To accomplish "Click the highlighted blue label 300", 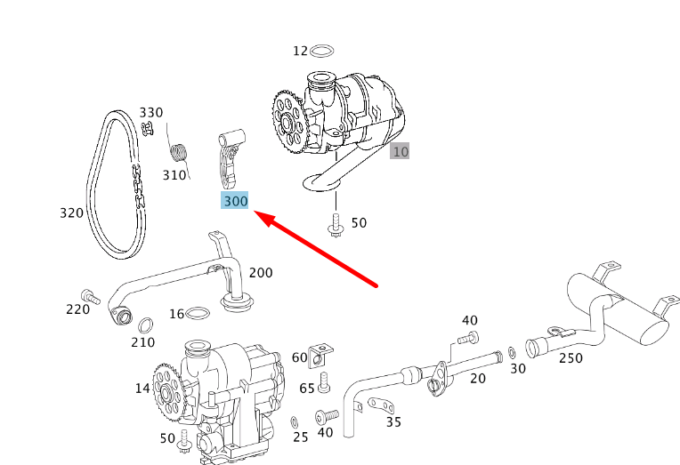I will tap(235, 202).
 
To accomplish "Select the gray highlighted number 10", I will tap(401, 151).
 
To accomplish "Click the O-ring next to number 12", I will tap(325, 51).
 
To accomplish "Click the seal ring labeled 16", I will tap(201, 312).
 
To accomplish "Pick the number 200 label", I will tap(261, 273).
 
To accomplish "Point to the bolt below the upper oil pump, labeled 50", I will tap(336, 226).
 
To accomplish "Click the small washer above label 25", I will tap(295, 420).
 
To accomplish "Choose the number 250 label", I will tap(571, 357).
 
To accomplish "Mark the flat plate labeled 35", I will tap(379, 407).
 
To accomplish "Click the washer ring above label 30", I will tap(511, 352).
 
